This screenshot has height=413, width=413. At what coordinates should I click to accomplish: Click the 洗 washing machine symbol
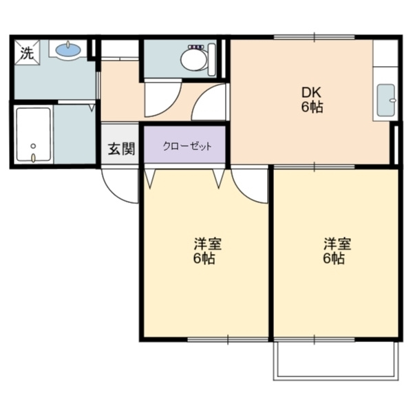[27, 52]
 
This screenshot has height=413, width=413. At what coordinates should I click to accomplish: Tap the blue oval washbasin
[68, 50]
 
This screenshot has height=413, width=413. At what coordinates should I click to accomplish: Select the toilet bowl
[193, 60]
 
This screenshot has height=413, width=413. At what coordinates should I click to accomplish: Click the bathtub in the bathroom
[34, 134]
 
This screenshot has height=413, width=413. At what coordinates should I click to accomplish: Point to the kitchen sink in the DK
[386, 100]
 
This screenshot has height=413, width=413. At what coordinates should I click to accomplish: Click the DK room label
[312, 93]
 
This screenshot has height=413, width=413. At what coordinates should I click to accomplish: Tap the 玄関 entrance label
[121, 149]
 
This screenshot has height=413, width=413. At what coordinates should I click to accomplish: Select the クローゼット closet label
[187, 146]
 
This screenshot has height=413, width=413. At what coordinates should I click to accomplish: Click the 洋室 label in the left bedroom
[208, 244]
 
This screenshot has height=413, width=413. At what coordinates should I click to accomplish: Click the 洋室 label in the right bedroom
[337, 244]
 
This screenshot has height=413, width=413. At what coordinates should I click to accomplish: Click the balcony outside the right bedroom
[336, 361]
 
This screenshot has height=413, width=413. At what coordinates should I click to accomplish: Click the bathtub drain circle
[33, 146]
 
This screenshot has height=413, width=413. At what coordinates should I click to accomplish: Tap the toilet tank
[212, 60]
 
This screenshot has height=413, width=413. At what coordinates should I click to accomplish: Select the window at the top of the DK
[315, 37]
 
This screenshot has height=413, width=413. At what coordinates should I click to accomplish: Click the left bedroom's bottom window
[228, 339]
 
